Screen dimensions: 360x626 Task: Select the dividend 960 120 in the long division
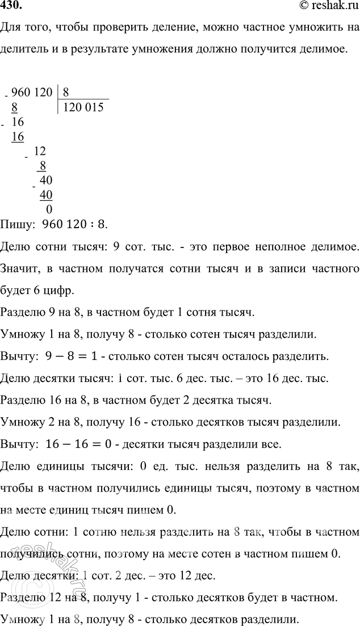[x=31, y=91]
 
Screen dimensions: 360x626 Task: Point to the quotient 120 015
[x=83, y=107]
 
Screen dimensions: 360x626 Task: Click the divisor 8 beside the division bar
[x=66, y=91]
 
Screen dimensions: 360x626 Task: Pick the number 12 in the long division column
[x=40, y=151]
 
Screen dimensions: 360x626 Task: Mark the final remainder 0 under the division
[x=49, y=209]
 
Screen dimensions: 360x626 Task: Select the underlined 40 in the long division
[x=47, y=195]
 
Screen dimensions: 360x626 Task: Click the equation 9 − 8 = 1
[x=70, y=357]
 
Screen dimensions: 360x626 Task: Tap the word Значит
[x=19, y=268]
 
